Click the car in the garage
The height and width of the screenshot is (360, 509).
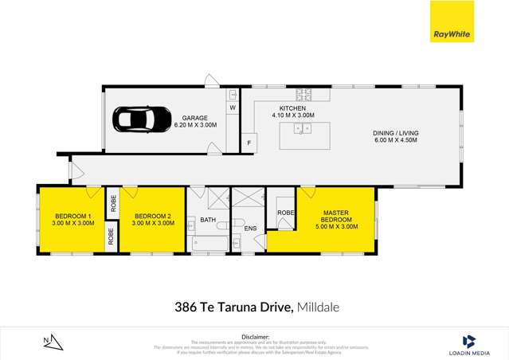[x=141, y=120]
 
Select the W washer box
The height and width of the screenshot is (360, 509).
[x=233, y=107]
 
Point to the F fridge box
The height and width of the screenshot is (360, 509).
[x=249, y=143]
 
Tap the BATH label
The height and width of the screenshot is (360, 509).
[x=208, y=221]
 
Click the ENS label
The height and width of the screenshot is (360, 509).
[x=250, y=229]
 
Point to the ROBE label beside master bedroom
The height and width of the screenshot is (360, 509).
[x=285, y=213]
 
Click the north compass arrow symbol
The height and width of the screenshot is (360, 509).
[x=50, y=342]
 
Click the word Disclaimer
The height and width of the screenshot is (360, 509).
[x=255, y=337]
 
